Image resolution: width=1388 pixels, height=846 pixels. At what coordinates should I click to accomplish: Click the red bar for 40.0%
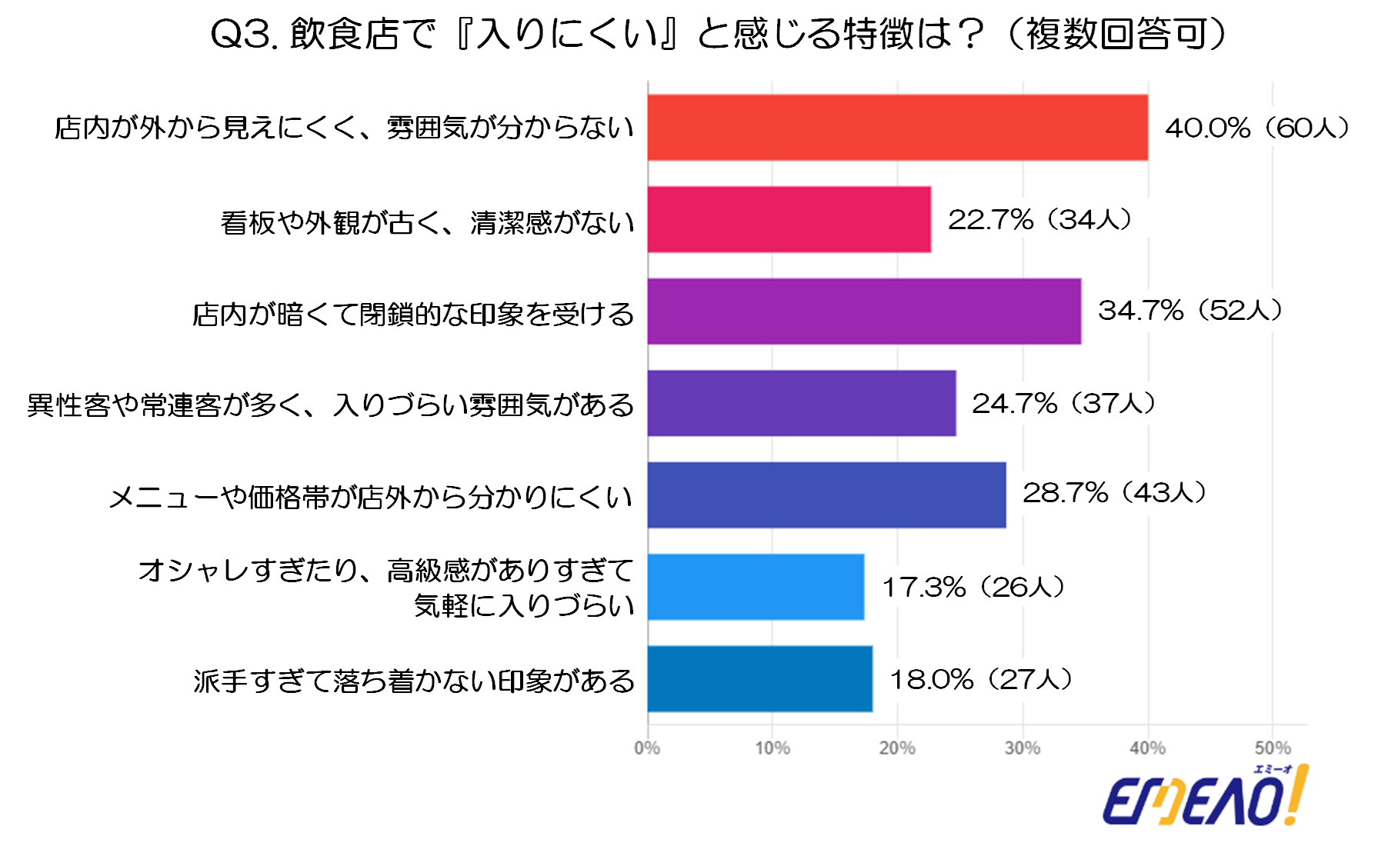coord(897,128)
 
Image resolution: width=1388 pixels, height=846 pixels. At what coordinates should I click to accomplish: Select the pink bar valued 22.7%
coord(789,219)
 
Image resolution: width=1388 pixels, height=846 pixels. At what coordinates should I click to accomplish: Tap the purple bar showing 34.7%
coord(864,311)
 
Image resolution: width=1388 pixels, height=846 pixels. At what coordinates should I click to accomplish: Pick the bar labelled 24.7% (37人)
coord(802,403)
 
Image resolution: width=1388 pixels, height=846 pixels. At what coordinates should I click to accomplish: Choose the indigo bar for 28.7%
coord(826,495)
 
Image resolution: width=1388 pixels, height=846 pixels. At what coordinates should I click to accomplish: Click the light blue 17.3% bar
coord(756,587)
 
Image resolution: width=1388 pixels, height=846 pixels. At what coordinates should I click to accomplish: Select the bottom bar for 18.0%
coord(760,678)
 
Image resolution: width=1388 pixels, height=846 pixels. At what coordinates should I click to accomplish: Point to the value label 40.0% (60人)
coord(1257,128)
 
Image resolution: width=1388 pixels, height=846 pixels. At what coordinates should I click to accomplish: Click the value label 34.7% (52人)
coord(1190,311)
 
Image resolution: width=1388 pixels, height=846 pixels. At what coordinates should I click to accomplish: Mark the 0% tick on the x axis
coord(647,748)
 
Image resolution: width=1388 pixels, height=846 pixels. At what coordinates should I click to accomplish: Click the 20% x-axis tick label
coord(897,748)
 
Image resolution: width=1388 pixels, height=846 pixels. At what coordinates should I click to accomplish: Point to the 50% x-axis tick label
coord(1273,748)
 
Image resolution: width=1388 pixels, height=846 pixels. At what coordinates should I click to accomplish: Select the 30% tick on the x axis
coord(1023,748)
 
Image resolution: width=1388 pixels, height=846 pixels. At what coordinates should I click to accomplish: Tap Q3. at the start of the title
coord(245,35)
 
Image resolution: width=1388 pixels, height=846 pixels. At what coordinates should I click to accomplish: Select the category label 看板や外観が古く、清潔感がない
coord(428,223)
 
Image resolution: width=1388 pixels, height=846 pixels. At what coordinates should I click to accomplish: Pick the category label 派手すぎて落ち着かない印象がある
coord(414,681)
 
